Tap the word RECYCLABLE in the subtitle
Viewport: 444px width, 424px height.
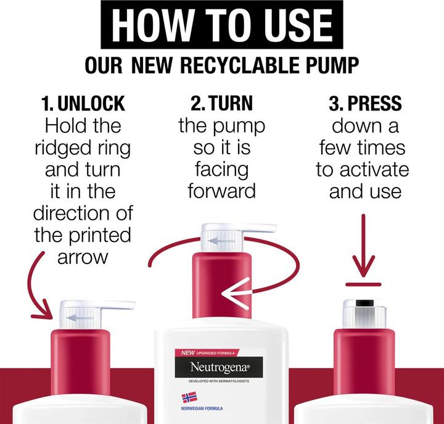[240, 65]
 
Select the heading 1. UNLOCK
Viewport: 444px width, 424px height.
[83, 103]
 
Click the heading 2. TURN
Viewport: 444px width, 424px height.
[221, 103]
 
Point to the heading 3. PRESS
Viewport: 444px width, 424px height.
[365, 103]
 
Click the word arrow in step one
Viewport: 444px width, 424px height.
[83, 257]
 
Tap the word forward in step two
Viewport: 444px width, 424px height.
[222, 191]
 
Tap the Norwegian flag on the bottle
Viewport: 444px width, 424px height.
[189, 397]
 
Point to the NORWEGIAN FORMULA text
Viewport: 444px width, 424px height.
[202, 409]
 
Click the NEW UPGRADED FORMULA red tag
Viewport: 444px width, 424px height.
[207, 352]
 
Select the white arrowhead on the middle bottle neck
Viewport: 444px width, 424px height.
[236, 293]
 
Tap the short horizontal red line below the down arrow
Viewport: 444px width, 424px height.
[363, 285]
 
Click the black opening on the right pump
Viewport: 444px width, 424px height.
[364, 303]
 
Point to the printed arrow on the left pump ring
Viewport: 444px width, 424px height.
[80, 317]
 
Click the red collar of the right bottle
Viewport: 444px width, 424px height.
[364, 362]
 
